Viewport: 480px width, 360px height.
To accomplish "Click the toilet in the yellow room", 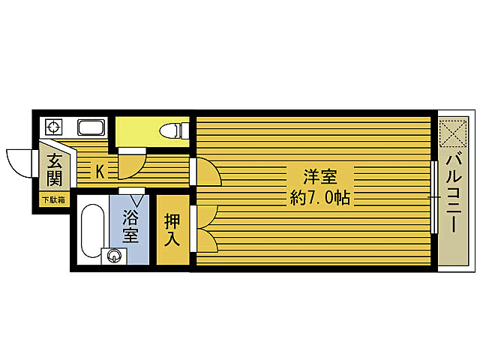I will [172, 130].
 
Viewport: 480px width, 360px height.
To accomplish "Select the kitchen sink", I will [91, 127].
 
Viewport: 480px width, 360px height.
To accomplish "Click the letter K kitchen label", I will [100, 172].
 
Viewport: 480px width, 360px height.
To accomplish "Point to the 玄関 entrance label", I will [54, 170].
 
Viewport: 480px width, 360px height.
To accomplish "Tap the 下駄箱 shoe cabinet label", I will [53, 200].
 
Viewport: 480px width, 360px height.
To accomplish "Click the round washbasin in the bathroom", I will [114, 257].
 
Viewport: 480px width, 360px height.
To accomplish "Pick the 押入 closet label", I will [172, 229].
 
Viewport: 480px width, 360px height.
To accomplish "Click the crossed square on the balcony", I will [453, 133].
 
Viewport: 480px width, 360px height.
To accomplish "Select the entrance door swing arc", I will [19, 162].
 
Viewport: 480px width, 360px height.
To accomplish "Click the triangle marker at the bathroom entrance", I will [136, 200].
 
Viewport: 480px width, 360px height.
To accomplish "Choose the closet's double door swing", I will [205, 228].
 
